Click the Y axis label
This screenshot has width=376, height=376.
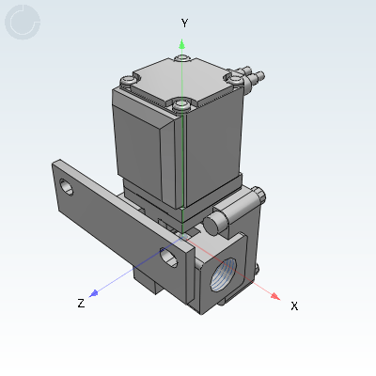click(185, 23)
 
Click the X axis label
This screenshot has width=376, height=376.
click(294, 306)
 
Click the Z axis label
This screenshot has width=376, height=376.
click(82, 303)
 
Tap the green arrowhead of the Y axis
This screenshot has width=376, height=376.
click(184, 42)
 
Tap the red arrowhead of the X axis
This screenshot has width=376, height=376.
click(275, 296)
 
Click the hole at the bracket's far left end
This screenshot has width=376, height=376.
click(67, 186)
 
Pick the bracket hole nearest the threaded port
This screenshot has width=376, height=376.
click(169, 258)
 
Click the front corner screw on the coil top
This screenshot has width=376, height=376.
click(180, 104)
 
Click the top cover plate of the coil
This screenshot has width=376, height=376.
click(180, 79)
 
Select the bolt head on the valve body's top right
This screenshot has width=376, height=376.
click(258, 196)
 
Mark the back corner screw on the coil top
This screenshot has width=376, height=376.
click(182, 59)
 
